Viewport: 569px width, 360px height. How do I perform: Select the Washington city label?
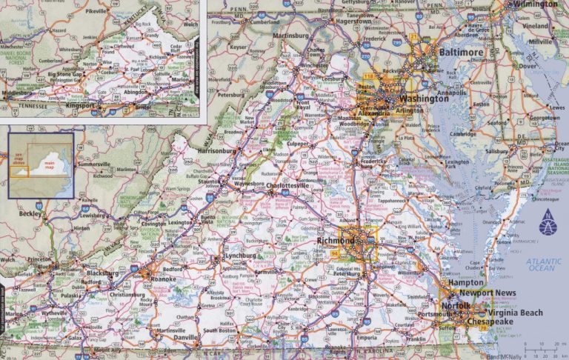coord(424,98)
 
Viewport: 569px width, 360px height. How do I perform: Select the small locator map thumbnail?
coord(41,163)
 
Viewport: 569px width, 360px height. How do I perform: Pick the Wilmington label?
coord(536,4)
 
